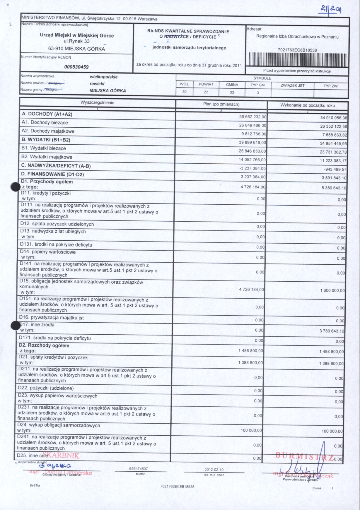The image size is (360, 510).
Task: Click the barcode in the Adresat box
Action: click(x=297, y=59)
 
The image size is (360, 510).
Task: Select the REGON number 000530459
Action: click(x=76, y=67)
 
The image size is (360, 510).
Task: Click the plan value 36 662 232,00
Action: click(x=253, y=117)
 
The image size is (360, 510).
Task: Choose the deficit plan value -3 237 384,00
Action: click(x=252, y=168)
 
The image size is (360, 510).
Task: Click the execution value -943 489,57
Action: click(x=335, y=170)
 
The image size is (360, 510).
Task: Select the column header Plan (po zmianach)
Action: click(x=221, y=104)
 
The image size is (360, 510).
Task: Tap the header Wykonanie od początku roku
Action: click(x=308, y=105)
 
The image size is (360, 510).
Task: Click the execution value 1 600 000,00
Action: click(x=332, y=291)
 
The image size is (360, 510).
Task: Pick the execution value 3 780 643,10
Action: click(x=332, y=331)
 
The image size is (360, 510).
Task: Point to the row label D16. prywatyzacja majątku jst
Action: click(x=52, y=317)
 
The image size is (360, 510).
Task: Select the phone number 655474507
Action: click(x=139, y=469)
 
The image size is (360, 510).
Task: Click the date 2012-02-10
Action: click(x=214, y=470)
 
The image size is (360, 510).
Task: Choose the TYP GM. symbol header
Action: click(x=258, y=85)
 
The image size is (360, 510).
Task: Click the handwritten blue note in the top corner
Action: click(x=331, y=10)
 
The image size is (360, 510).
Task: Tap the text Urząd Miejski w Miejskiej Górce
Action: click(x=77, y=35)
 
